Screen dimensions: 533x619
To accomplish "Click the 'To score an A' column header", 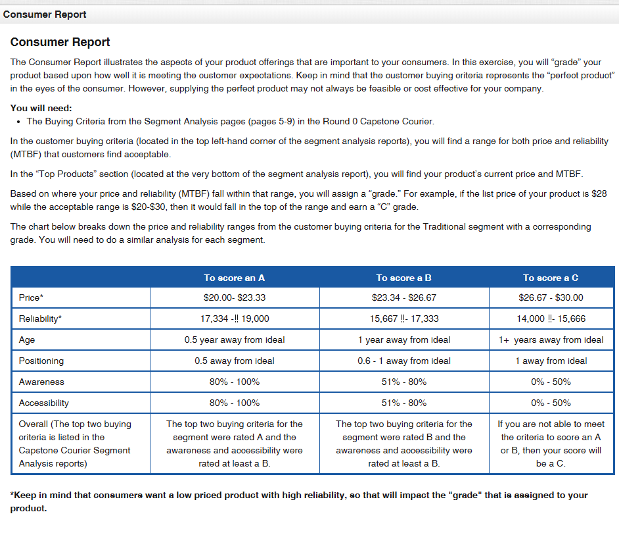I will [235, 278].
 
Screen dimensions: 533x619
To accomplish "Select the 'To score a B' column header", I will [403, 278].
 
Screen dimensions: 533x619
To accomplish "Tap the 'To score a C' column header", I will [551, 278].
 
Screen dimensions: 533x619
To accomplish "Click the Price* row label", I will [32, 297].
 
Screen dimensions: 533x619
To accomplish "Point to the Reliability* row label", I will [41, 318].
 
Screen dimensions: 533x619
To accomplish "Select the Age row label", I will [27, 340].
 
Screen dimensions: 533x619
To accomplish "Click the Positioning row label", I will [41, 361].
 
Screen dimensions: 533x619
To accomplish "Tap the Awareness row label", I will [41, 382].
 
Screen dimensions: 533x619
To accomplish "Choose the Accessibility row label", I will [44, 403].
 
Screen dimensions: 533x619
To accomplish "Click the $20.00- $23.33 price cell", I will [235, 297].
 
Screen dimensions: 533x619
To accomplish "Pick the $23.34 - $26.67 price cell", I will [403, 297].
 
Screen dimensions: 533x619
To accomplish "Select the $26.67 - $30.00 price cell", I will [551, 297].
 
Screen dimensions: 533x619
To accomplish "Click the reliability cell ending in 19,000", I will [235, 318].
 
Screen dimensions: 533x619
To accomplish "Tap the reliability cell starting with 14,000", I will [551, 318].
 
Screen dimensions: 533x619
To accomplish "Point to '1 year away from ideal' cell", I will [403, 340].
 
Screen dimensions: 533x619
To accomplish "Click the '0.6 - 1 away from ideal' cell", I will [403, 361].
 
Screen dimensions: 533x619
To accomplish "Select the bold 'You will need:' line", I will [41, 108].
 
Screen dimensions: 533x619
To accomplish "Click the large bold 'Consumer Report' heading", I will [60, 42].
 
